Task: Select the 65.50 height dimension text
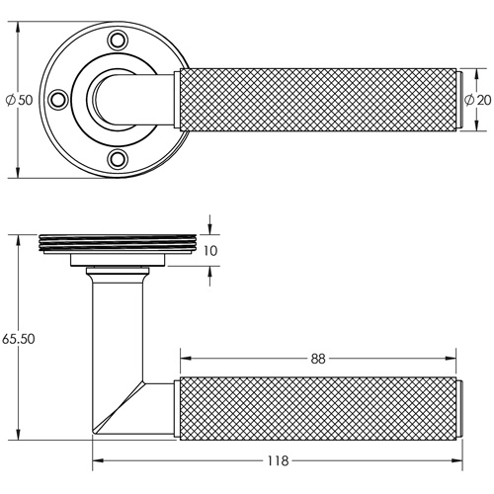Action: [x=20, y=337]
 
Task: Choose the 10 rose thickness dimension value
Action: [x=209, y=251]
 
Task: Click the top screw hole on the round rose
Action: [x=120, y=41]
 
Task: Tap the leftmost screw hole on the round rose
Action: [x=59, y=99]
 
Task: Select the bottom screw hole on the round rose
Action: [x=120, y=158]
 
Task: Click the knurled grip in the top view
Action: [x=316, y=100]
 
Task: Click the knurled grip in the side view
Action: [x=316, y=406]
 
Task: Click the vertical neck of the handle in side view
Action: [x=118, y=326]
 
